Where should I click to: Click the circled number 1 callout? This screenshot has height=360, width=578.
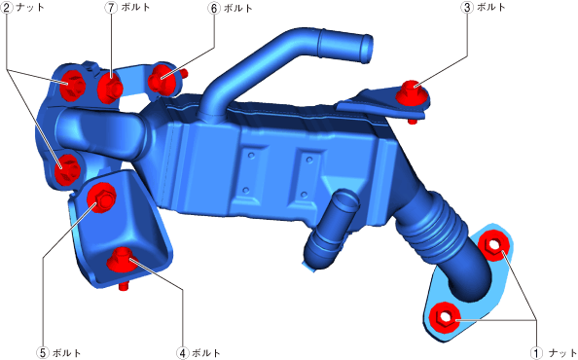[x=536, y=352]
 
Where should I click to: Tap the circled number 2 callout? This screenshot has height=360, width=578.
[x=7, y=8]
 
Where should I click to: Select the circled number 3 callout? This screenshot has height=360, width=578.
[x=467, y=8]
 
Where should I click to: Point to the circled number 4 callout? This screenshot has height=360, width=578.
[x=183, y=352]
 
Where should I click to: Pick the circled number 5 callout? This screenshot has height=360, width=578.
[x=43, y=352]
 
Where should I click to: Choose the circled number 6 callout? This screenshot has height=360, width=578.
[x=214, y=8]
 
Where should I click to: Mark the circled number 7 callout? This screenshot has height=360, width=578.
[x=111, y=8]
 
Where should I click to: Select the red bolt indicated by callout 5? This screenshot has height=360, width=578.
[x=101, y=198]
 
